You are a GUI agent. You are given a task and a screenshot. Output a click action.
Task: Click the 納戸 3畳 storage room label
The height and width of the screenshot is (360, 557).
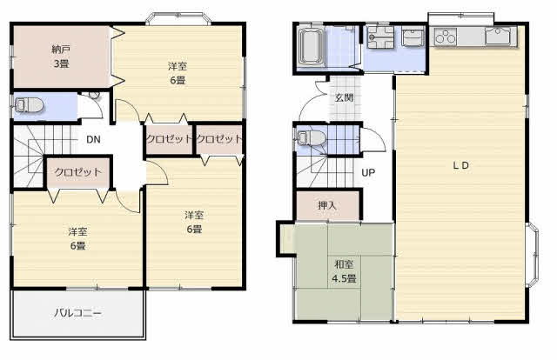coord(61,57)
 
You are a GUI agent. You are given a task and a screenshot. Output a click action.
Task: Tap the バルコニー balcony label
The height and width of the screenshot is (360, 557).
coord(78,313)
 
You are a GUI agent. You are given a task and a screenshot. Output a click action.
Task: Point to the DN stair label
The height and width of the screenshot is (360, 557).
coord(93,139)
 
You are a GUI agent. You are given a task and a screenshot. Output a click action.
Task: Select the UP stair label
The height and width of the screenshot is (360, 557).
coord(368,172)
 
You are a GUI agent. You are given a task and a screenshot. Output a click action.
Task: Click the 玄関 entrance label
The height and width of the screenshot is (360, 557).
coord(344,97)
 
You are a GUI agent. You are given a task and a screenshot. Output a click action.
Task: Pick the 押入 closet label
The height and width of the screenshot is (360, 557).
coord(327,205)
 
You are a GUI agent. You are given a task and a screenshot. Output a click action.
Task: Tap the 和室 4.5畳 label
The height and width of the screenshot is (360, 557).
coord(344,271)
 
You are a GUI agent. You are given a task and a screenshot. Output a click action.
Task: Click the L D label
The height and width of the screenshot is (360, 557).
coord(461,165)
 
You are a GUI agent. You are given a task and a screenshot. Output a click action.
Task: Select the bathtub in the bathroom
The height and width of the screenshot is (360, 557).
coord(311,47)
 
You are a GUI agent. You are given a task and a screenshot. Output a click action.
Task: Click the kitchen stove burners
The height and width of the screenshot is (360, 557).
coord(446,37)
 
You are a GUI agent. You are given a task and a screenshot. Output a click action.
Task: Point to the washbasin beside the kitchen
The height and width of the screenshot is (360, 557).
coord(413,37)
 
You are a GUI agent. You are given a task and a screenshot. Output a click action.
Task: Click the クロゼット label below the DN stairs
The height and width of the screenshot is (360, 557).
coord(78,172)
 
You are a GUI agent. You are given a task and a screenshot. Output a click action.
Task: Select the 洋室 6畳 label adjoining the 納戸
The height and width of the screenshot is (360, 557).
coord(178,73)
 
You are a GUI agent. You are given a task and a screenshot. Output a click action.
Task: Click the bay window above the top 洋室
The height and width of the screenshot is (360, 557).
coord(178,18)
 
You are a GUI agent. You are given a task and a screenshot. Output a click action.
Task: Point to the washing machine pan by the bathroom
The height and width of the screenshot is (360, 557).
coord(380,37)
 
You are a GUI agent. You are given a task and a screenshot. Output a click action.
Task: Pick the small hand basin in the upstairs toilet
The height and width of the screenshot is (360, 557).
coord(94,95)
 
